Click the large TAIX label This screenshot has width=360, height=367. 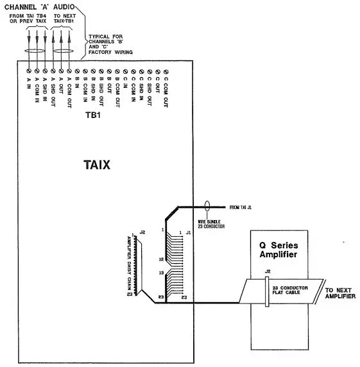(x=96, y=165)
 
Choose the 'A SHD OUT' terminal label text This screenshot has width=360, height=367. (x=53, y=90)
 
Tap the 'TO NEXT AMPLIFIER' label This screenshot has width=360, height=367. (x=341, y=293)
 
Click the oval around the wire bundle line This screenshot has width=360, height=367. (x=207, y=207)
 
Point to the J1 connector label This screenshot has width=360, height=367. (x=189, y=232)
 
